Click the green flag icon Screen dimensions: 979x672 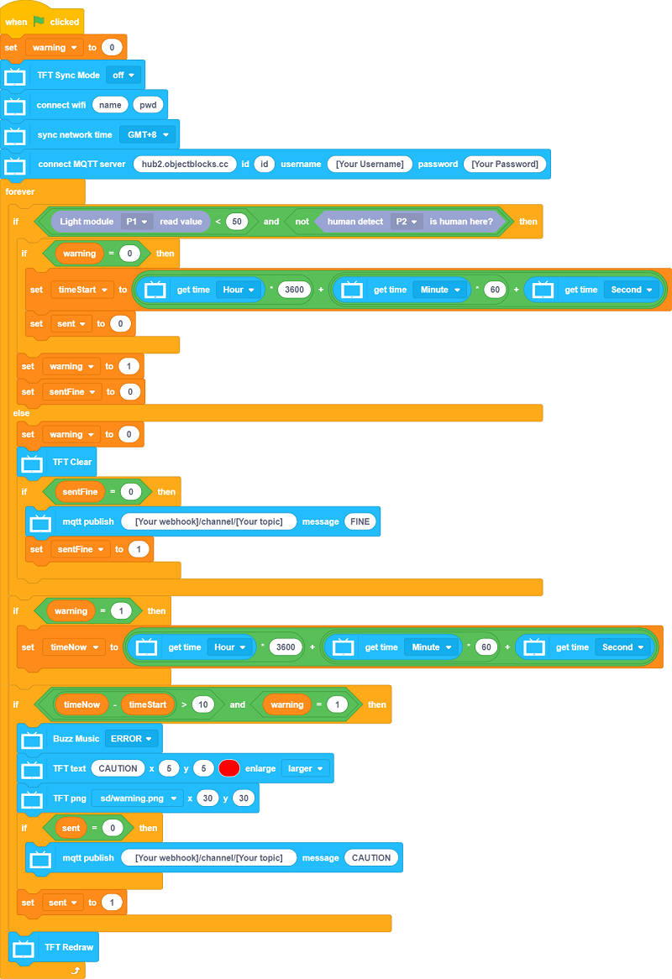coord(38,21)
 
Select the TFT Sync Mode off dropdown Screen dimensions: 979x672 coord(124,75)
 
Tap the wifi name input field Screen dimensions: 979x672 coord(110,105)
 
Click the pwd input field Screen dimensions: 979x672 coord(149,105)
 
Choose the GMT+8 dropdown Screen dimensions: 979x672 coord(149,134)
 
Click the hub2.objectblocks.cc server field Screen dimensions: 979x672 coord(185,164)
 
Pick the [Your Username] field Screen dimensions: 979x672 coord(370,164)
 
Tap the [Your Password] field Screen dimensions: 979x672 coord(505,164)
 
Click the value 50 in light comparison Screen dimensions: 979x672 coord(236,222)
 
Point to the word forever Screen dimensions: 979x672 coord(20,191)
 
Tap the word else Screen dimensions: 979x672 coord(21,413)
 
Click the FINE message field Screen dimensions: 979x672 coord(360,521)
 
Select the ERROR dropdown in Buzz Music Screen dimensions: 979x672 coord(133,739)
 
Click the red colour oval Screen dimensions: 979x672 coord(229,768)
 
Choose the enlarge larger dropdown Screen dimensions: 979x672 coord(306,768)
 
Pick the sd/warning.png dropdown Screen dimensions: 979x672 coord(137,798)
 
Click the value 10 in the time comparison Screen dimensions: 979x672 coord(202,704)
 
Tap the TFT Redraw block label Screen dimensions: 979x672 coord(69,947)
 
